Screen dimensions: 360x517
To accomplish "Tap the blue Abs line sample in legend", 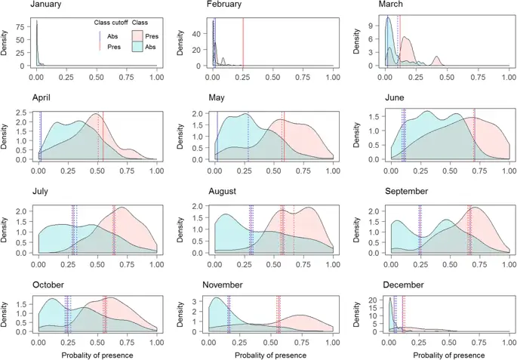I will click(100, 35).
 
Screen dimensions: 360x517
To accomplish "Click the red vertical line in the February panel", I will click(243, 44).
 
